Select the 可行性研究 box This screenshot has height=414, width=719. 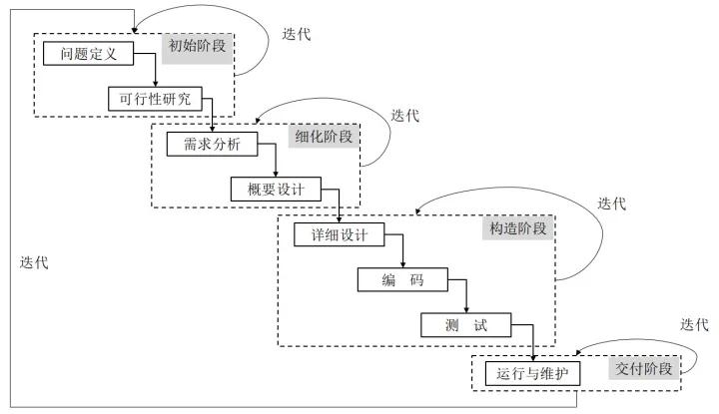coord(154,98)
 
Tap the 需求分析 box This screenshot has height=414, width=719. coord(211,144)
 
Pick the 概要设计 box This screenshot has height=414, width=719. coord(276,189)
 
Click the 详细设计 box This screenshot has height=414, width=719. coord(340,235)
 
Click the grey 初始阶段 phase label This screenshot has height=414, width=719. coord(197,46)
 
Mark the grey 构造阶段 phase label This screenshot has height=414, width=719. coord(518,228)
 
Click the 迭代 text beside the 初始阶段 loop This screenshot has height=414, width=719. coord(297,35)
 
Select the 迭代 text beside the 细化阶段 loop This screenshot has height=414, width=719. coord(404,116)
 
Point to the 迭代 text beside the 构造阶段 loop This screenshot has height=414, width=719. coord(611,203)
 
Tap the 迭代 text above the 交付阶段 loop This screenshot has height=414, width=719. coord(694,324)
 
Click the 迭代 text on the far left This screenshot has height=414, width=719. coord(34,262)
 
